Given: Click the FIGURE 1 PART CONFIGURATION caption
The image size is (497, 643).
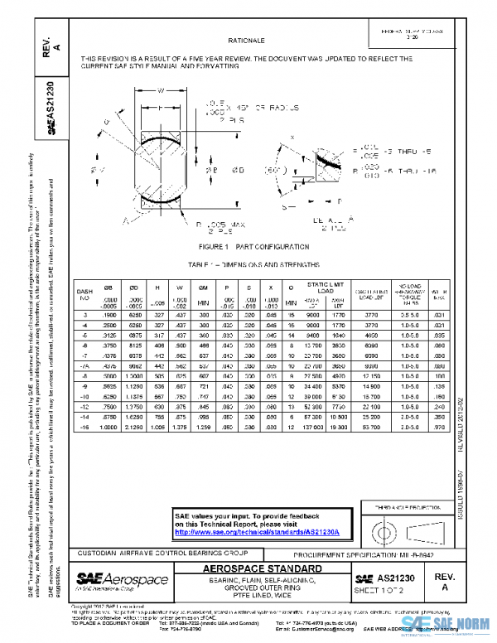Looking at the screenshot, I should point(248,247).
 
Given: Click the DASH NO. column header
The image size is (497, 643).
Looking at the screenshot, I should point(85,295).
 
